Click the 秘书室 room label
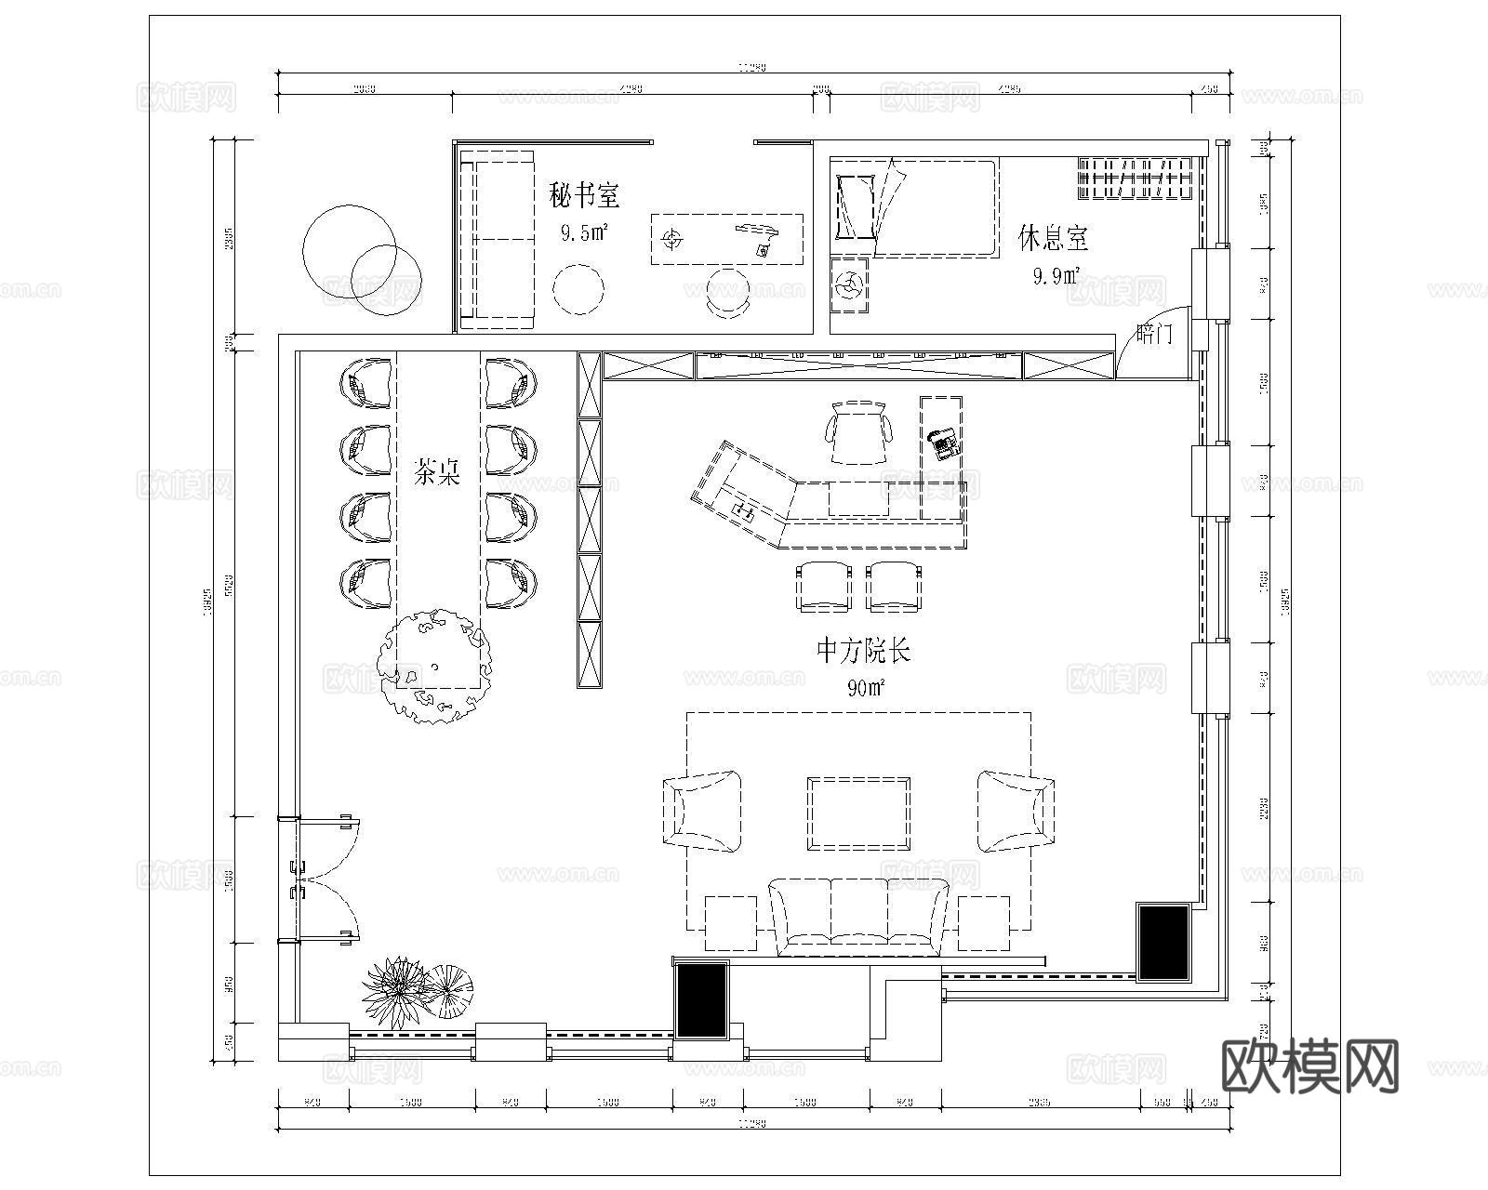(584, 196)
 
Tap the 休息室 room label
(1053, 238)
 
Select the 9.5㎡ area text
(584, 232)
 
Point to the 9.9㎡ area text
(1056, 275)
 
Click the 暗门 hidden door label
(1154, 334)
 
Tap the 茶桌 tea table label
(437, 474)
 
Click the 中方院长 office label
(863, 651)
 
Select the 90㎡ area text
(865, 688)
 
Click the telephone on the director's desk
(944, 443)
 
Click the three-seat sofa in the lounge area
(858, 916)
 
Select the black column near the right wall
(1164, 941)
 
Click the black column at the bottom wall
(701, 1000)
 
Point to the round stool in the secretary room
(578, 290)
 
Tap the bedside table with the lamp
(848, 284)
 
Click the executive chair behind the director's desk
(858, 431)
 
